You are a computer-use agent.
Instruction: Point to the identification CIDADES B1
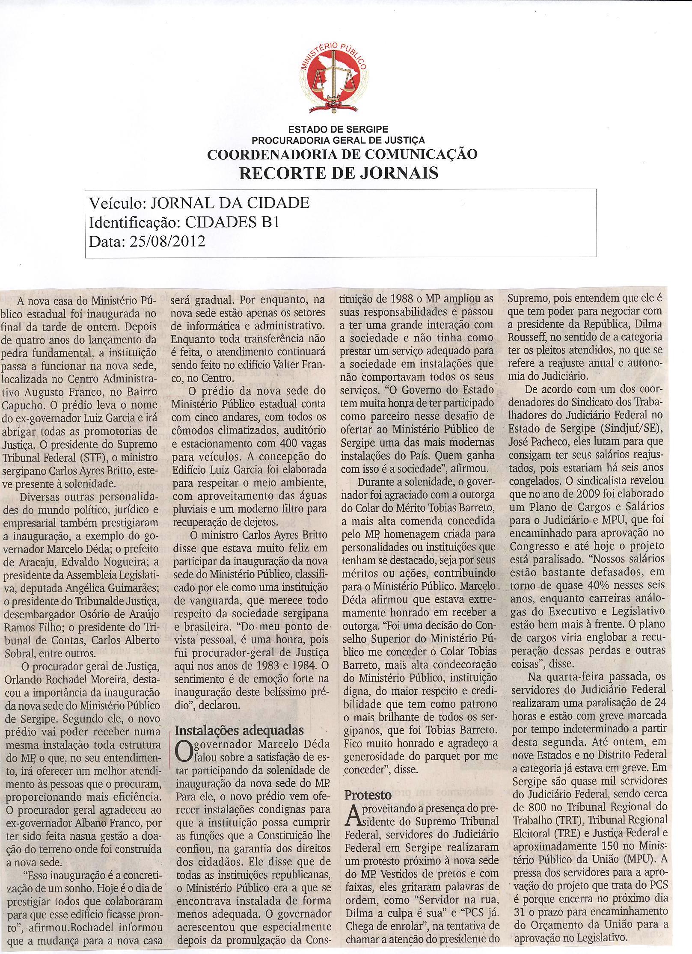227,222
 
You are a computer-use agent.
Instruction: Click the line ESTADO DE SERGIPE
338,129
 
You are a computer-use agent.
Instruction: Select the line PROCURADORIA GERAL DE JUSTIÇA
338,139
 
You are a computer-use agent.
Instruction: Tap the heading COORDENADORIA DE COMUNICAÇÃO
342,154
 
